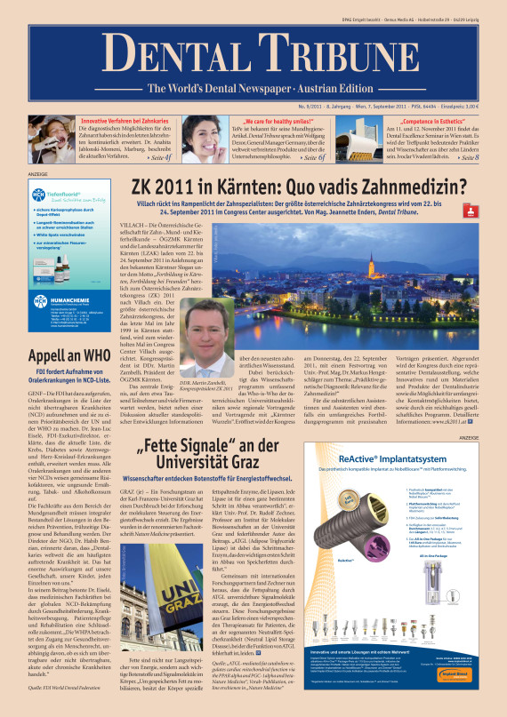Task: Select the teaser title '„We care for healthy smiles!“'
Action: [x=273, y=119]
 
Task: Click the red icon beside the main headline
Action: [x=488, y=187]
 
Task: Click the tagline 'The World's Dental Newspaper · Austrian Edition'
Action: [x=253, y=88]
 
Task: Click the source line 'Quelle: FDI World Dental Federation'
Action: [x=68, y=687]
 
